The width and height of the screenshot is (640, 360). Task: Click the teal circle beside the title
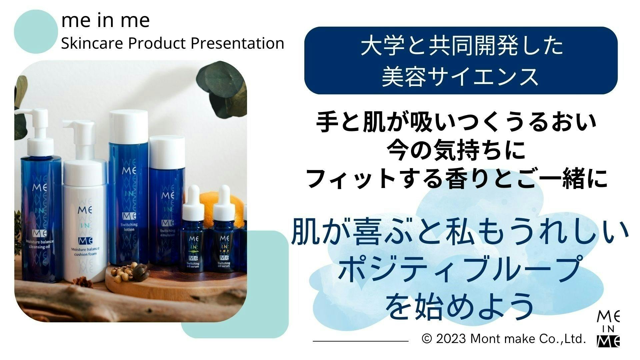point(36,32)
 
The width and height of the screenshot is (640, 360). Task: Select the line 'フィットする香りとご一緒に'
point(456,179)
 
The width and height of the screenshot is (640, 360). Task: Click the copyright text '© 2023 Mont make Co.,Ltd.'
point(504,339)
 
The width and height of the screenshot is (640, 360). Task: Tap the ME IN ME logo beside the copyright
point(609,328)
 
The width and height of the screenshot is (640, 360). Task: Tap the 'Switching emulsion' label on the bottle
point(167,232)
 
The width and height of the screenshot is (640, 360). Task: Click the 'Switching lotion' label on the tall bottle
point(129,227)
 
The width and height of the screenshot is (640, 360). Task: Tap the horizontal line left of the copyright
point(361,341)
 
